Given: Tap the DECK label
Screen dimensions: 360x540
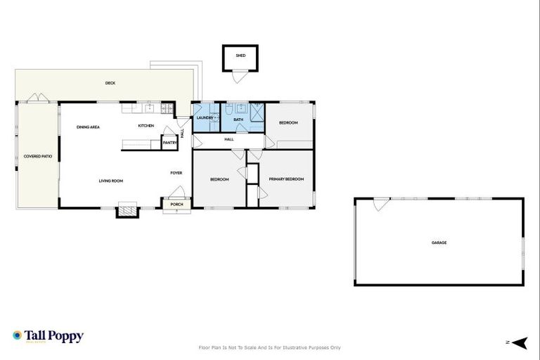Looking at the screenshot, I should click(110, 83).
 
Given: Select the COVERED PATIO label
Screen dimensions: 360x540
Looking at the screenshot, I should click(37, 156).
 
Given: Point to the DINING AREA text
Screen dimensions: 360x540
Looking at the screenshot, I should click(88, 127).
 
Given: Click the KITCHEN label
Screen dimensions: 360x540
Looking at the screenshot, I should click(146, 126).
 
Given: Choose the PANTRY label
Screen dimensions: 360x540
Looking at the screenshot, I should click(169, 143).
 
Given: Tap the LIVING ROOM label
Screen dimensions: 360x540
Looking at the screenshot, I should click(111, 181).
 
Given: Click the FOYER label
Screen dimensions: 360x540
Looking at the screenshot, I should click(176, 172).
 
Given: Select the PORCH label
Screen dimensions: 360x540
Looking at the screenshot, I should click(176, 205).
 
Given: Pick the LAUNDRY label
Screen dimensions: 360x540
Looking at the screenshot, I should click(205, 119).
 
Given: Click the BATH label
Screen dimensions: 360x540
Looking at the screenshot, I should click(238, 120).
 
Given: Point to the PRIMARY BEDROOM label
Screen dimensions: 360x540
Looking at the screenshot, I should click(286, 179).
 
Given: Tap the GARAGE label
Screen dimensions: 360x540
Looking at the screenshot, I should click(439, 243).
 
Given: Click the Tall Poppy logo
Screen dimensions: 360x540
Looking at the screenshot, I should click(48, 336).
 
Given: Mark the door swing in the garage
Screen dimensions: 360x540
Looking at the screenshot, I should click(380, 204).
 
